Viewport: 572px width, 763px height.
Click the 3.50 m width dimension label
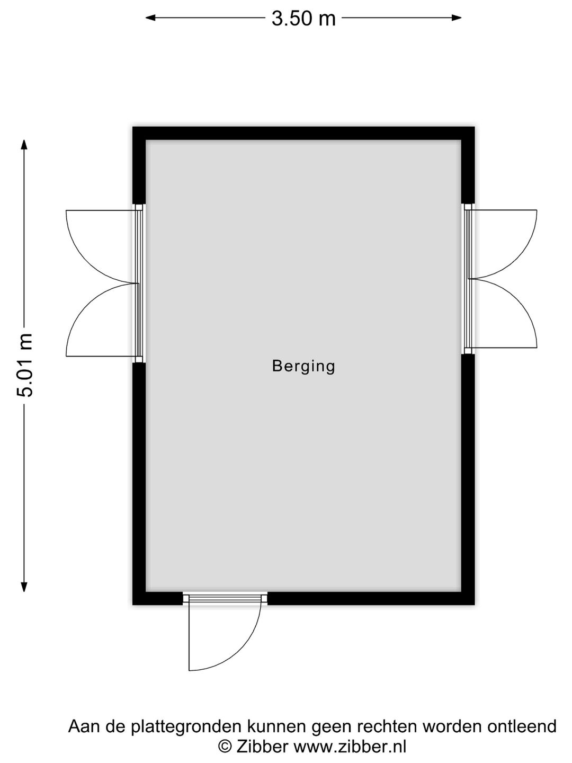[303, 19]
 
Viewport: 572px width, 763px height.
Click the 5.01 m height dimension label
[25, 365]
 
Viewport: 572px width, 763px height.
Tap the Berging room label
[303, 367]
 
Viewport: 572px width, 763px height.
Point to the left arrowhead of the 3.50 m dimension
[150, 17]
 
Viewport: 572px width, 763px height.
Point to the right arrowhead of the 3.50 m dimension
[457, 17]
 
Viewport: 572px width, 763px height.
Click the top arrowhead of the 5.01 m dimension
[24, 145]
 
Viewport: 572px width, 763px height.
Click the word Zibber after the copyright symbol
[262, 747]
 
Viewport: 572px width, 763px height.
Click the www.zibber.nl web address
[350, 747]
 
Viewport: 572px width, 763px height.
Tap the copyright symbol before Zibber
[225, 747]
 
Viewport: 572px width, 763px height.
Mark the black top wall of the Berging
[303, 134]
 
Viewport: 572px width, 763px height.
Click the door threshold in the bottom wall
[225, 598]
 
